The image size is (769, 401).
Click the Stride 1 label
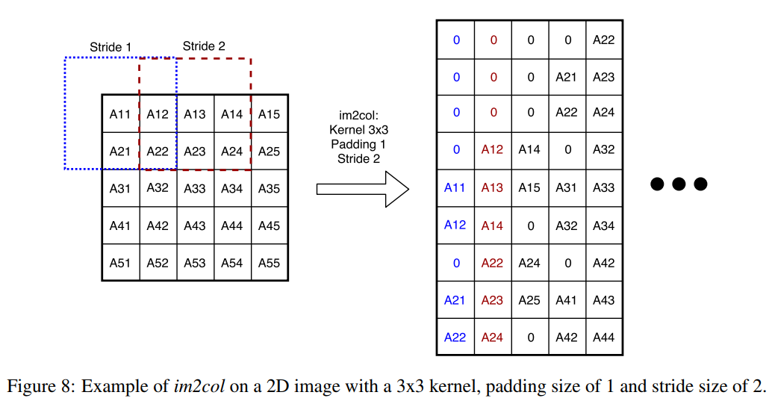tap(110, 47)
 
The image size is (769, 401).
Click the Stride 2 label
tap(204, 46)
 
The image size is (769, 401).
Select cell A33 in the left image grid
tap(195, 188)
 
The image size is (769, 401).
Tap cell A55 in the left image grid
tap(270, 263)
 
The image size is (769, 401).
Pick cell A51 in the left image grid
tap(120, 263)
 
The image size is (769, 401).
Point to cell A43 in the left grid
tap(195, 226)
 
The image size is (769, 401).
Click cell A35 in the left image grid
tap(270, 188)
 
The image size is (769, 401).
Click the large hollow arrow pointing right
tap(362, 189)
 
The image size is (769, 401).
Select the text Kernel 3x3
tap(358, 130)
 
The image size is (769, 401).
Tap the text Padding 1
tap(358, 144)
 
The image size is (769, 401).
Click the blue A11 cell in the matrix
tap(455, 187)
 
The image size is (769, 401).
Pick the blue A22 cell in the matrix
tap(455, 338)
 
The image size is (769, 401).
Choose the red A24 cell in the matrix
tap(492, 338)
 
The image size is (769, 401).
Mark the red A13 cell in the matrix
tap(492, 187)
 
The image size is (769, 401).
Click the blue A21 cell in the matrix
tap(455, 300)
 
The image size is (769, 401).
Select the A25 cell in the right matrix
tap(529, 300)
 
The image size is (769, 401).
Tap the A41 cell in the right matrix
tap(567, 300)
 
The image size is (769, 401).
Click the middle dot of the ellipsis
tap(679, 184)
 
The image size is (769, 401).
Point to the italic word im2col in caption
tap(199, 386)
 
